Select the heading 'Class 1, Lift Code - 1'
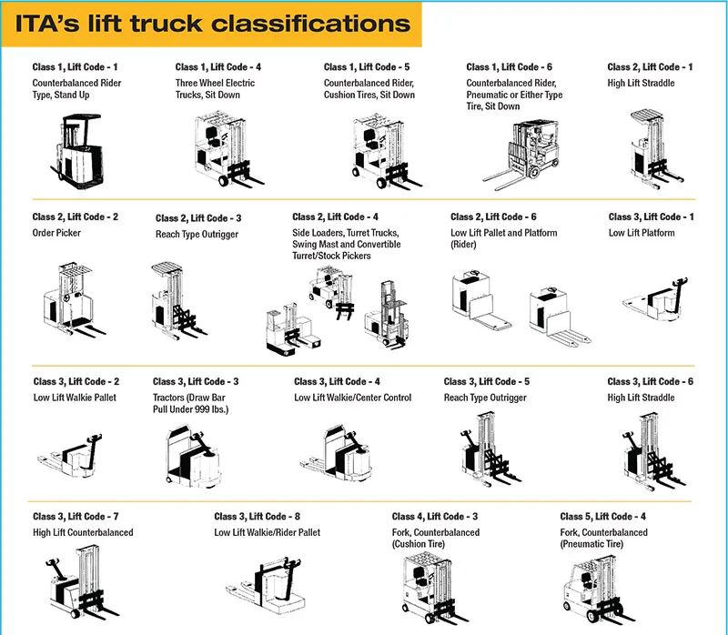(76, 67)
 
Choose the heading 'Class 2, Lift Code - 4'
(335, 217)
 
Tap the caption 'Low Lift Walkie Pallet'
(76, 398)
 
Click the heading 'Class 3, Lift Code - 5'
(486, 382)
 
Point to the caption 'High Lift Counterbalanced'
(83, 533)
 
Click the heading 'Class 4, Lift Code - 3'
(435, 517)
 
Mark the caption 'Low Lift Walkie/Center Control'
(352, 398)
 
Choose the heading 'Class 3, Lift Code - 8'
(258, 517)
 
